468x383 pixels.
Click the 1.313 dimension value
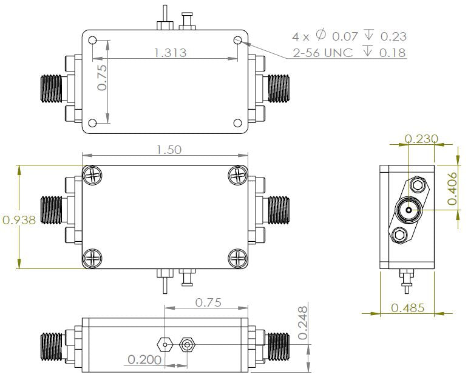coord(170,53)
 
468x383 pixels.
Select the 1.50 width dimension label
coord(168,150)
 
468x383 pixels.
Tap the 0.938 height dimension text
coord(19,220)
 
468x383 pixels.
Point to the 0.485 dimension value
coord(408,308)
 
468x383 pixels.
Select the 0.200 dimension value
coord(144,360)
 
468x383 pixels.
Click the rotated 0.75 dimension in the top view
coord(102,78)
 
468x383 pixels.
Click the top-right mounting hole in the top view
coord(238,41)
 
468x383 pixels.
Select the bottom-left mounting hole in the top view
coord(92,124)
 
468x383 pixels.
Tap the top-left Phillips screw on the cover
coord(92,176)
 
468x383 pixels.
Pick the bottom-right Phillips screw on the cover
coord(238,258)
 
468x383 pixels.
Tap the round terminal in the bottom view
coord(186,345)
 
